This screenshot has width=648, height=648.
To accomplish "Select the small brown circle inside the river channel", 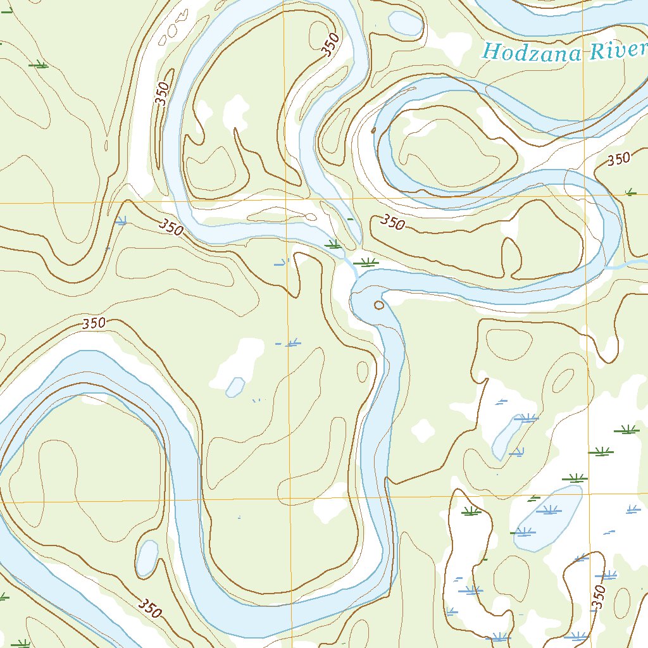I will click(379, 305).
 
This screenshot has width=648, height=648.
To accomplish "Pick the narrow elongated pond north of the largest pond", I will click(508, 436).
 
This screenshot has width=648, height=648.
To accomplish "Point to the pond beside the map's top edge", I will click(406, 22).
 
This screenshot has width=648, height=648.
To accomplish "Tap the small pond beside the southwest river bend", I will click(147, 558).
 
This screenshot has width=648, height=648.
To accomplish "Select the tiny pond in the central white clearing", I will click(235, 387).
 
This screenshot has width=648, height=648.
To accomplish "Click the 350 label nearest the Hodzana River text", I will click(618, 159).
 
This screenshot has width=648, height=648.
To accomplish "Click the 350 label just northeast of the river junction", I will click(392, 223).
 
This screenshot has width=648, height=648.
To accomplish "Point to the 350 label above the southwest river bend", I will click(94, 323).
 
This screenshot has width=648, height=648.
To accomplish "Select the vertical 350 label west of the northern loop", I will click(163, 94).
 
